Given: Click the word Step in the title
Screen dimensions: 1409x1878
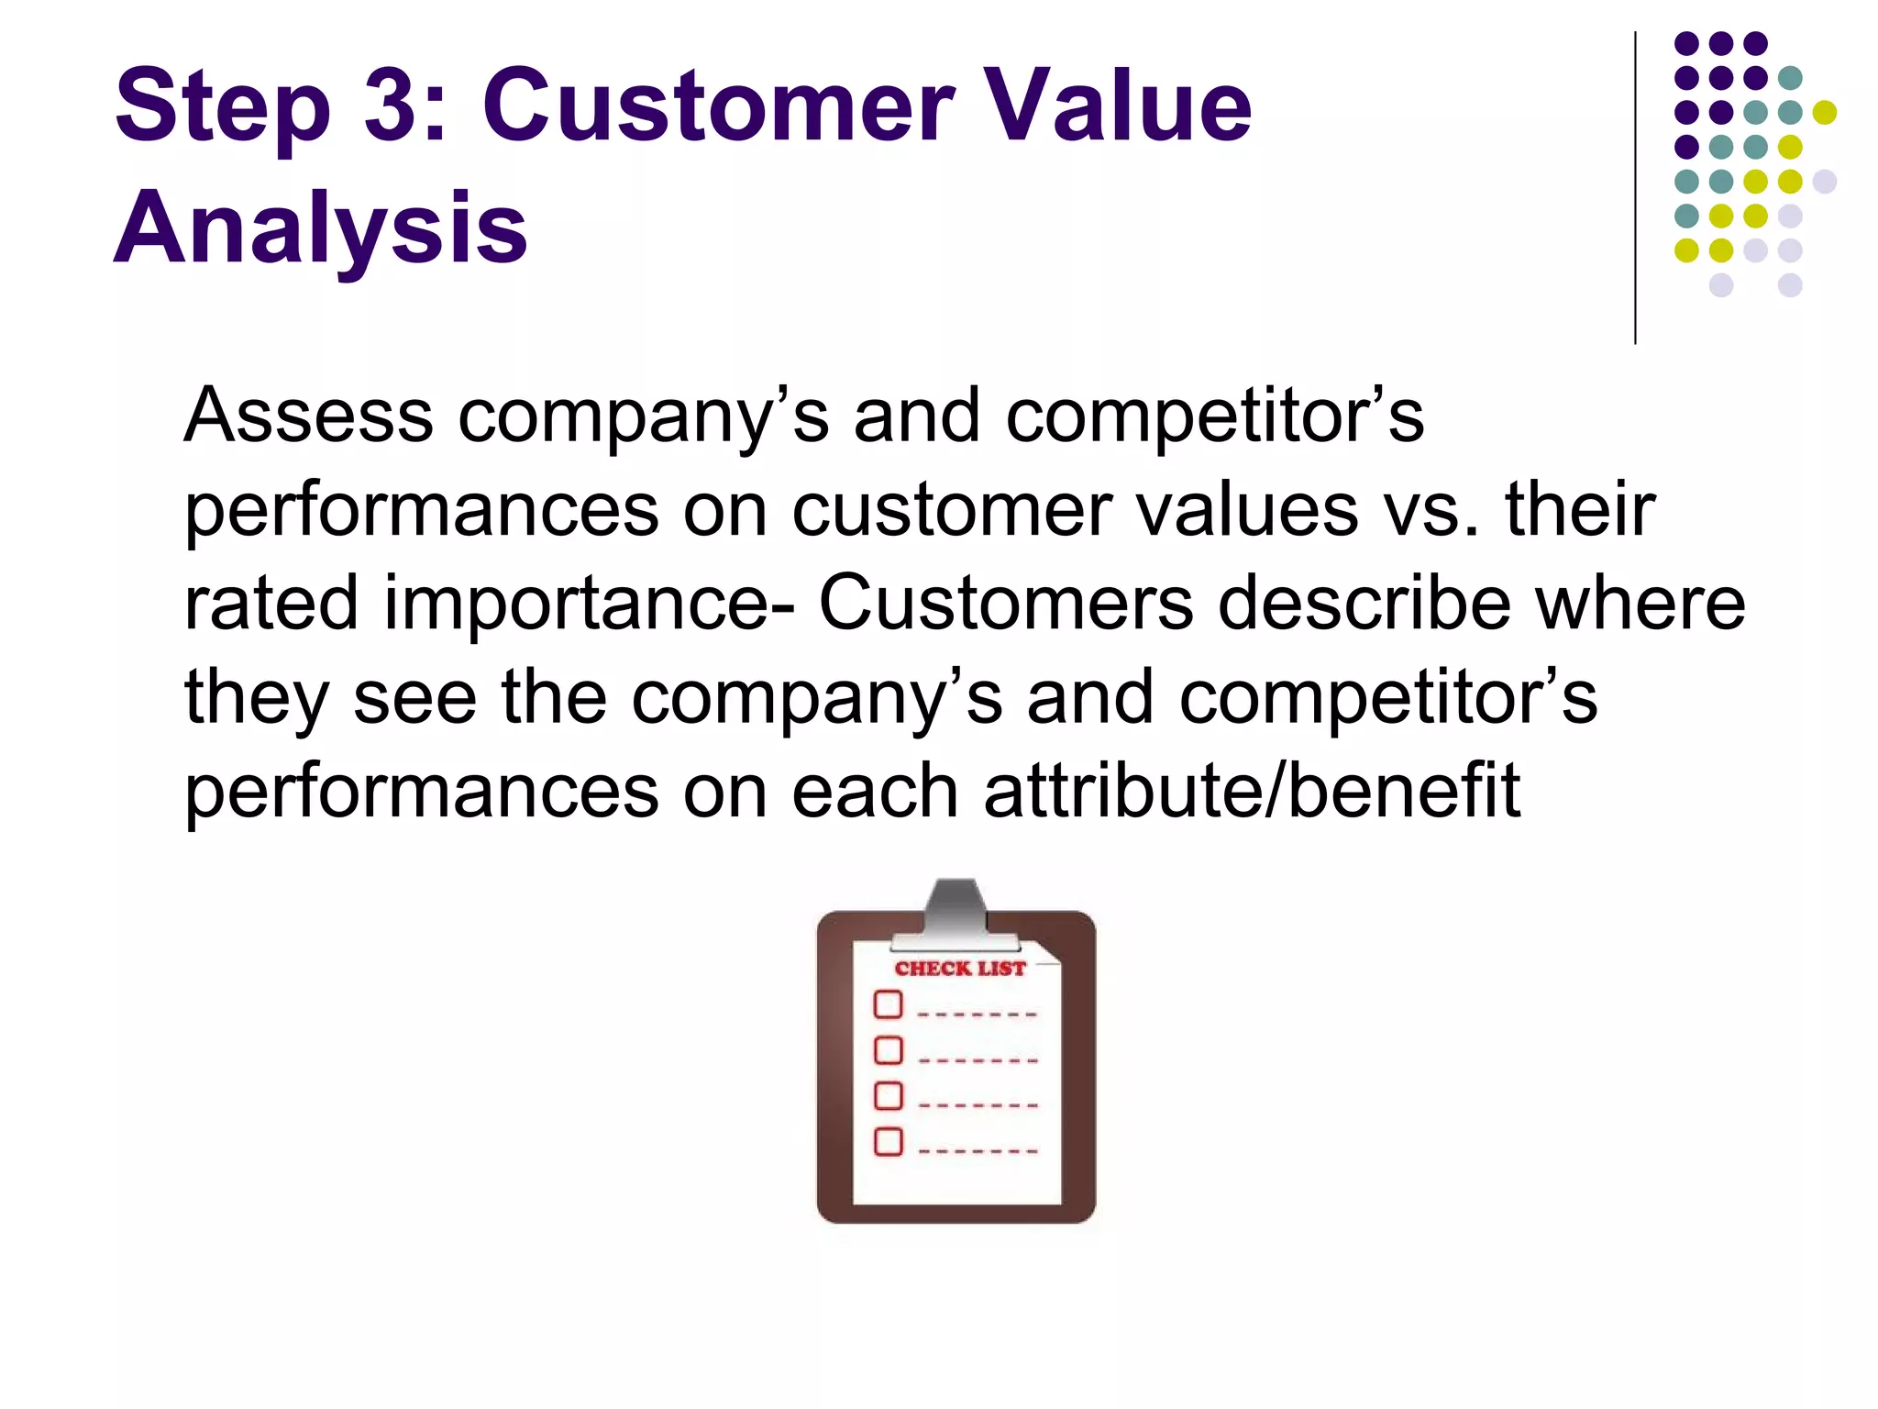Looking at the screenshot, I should (222, 108).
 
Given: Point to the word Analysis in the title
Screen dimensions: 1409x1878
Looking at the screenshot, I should (320, 229).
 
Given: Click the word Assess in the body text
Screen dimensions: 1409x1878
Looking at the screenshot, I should (308, 416).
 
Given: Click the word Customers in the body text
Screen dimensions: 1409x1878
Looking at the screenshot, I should (1006, 604).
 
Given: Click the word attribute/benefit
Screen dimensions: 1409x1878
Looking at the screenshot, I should (1252, 791).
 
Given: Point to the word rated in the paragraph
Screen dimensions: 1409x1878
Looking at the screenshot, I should (271, 604).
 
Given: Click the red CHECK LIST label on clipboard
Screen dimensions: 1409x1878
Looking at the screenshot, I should (960, 969).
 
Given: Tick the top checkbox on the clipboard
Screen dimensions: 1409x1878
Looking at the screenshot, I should (888, 1004).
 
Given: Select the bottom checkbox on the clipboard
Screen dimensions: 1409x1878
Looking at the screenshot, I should (888, 1142).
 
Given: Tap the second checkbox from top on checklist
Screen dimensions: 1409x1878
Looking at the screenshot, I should (888, 1050).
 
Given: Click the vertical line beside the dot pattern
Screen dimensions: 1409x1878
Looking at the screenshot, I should (1635, 188).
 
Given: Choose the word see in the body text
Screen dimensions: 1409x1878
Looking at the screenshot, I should (414, 697).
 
